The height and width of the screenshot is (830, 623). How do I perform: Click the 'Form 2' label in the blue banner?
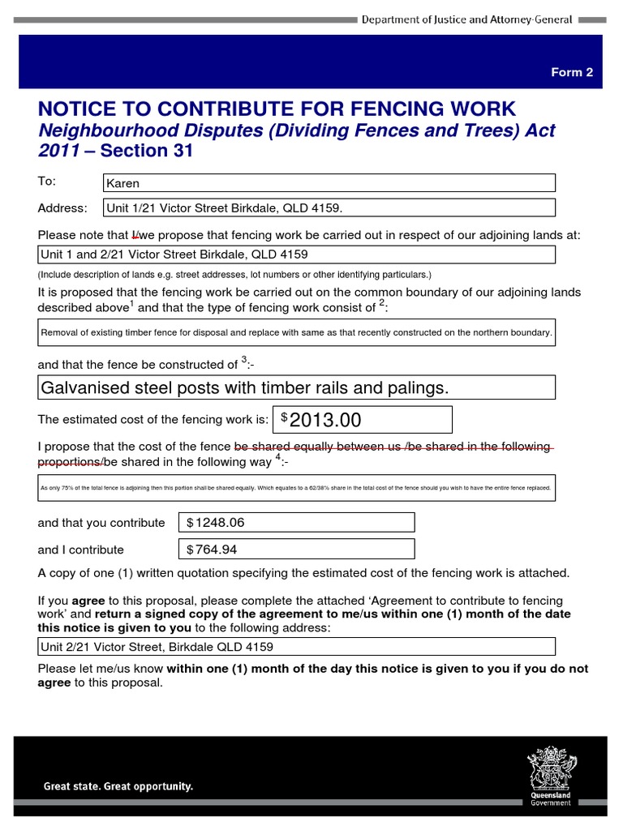click(572, 72)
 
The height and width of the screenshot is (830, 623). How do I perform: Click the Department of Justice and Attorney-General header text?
click(466, 19)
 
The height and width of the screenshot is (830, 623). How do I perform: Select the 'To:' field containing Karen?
click(329, 183)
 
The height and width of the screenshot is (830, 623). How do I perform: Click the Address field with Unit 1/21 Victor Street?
click(329, 208)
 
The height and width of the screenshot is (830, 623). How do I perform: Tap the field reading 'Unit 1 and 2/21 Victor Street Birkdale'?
click(297, 255)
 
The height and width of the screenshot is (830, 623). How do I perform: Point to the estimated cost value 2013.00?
click(363, 420)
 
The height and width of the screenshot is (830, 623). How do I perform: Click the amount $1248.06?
click(296, 523)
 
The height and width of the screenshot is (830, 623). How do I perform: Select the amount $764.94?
click(296, 550)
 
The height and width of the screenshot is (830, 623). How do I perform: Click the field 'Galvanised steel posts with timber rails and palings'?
click(297, 388)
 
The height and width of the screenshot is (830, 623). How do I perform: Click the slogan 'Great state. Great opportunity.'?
click(118, 786)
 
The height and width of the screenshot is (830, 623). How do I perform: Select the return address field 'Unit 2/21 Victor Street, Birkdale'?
click(297, 647)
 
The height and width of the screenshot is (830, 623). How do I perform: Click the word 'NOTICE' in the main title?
click(81, 109)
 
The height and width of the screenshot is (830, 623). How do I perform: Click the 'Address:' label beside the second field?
click(62, 208)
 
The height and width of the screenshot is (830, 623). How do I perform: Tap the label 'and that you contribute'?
click(101, 523)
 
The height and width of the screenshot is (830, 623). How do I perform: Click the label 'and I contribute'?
click(80, 550)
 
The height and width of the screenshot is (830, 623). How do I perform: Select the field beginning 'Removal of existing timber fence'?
click(297, 332)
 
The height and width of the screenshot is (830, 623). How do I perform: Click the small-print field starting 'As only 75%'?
click(297, 488)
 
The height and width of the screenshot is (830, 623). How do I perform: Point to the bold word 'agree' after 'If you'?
click(88, 601)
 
